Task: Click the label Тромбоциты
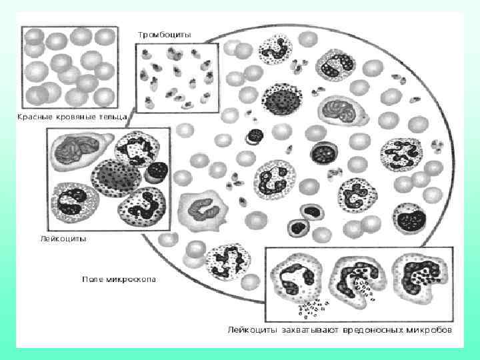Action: point(164,34)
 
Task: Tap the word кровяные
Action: point(75,117)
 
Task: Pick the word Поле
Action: point(93,279)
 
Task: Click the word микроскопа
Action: point(131,279)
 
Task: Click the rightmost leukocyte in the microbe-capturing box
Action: point(416,275)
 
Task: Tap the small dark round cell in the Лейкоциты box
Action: point(157,171)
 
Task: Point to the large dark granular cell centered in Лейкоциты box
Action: point(116,175)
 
